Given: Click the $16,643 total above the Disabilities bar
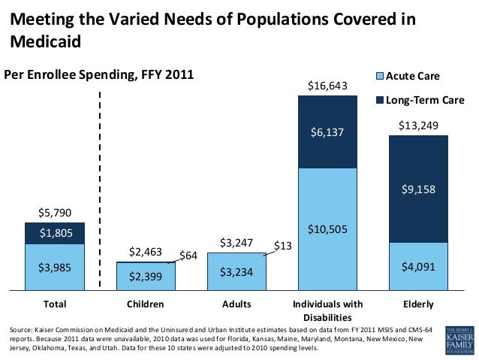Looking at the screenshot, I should pos(327,87).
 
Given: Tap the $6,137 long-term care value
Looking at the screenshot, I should pos(327,132).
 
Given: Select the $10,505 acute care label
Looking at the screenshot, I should pos(327,229).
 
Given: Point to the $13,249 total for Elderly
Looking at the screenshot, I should pos(418,125).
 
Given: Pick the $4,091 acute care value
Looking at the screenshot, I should pos(418,265).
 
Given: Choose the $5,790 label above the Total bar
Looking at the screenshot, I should pos(55,213).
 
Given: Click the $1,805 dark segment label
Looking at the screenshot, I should pos(55,233).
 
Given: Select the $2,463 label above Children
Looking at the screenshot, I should pos(146,252).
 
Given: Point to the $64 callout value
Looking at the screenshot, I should pos(188,256).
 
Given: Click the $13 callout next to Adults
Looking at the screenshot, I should pos(283,246).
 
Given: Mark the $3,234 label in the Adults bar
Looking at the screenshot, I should pos(236,271).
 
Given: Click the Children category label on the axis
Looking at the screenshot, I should pos(146,304).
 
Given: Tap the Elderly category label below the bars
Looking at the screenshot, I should pos(418,304).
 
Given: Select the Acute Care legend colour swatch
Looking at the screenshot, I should pos(379,76).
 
